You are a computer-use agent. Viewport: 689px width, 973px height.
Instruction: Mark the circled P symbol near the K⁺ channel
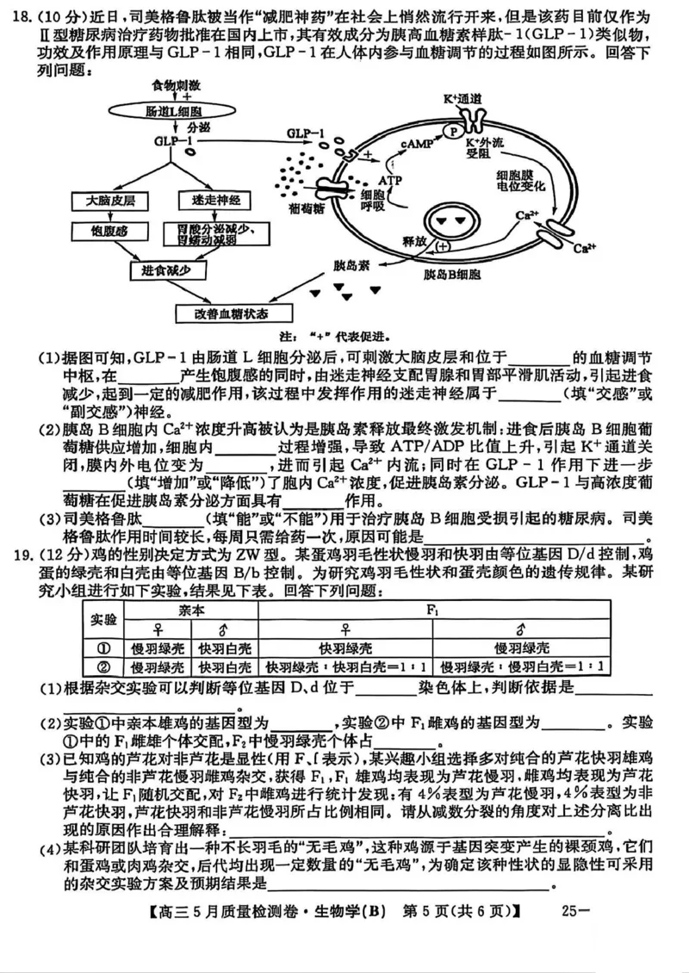coord(450,131)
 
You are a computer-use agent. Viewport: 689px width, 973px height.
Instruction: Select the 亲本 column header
coord(192,609)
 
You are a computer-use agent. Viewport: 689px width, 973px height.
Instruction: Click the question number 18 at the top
coord(25,17)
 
